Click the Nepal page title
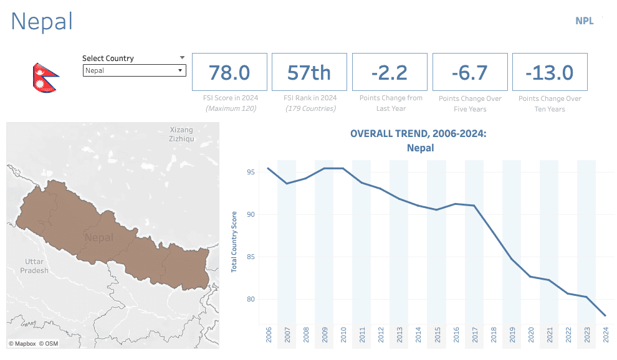coord(42,22)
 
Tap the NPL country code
coord(585,21)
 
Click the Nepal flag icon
coord(45,78)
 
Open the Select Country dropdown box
coord(134,70)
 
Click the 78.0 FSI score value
coord(229,72)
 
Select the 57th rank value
coord(309,72)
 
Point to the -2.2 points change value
coord(390,72)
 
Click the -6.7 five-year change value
coord(469,72)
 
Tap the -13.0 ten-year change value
coord(549,72)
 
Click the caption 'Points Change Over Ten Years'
coord(550,103)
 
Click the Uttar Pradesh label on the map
coord(34,266)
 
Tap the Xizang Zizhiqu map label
coord(182,134)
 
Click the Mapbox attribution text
coord(22,343)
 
